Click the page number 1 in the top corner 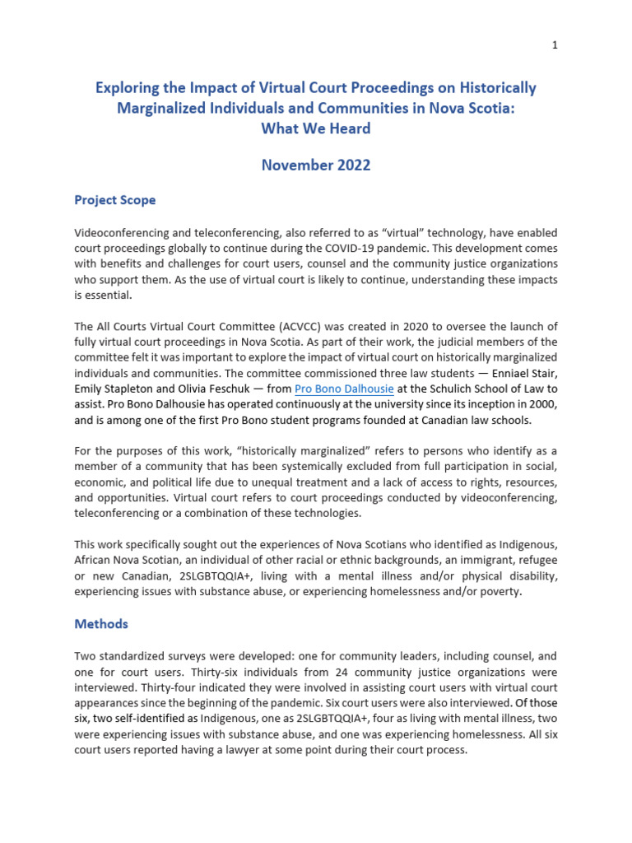coord(555,45)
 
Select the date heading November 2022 coord(316,165)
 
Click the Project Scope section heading coord(114,200)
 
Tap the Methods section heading coord(101,624)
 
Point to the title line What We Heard coord(316,128)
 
